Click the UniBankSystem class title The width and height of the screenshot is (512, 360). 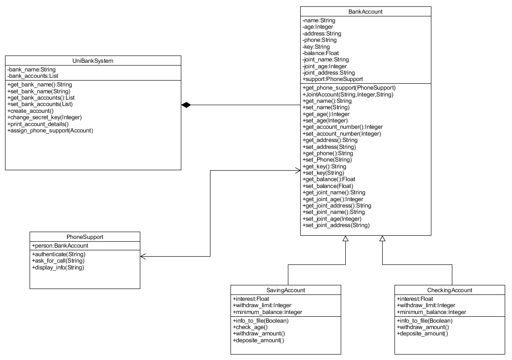click(x=93, y=61)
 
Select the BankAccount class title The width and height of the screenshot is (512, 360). click(x=365, y=11)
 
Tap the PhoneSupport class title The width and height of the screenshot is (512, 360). click(x=85, y=237)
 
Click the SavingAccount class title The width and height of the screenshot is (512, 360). click(x=286, y=290)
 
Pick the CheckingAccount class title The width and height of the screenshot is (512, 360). click(x=450, y=290)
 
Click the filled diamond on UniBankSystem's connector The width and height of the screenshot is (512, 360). click(x=186, y=105)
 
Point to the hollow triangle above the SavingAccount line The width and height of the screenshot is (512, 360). click(x=346, y=239)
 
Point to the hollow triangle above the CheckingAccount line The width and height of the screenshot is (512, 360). click(x=382, y=239)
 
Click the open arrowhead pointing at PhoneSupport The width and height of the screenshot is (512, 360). click(x=143, y=256)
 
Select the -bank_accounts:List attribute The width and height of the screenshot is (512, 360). click(x=33, y=76)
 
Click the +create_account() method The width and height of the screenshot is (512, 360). click(x=31, y=111)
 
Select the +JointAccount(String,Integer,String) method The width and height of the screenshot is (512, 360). click(x=348, y=95)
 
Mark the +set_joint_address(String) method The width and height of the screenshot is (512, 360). click(x=336, y=225)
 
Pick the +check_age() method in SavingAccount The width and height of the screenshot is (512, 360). click(x=250, y=327)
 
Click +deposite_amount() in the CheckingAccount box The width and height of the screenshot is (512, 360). click(x=422, y=334)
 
